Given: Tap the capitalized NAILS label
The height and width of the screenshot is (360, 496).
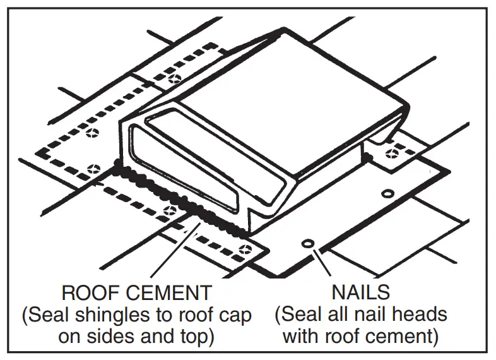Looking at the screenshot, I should click(360, 292).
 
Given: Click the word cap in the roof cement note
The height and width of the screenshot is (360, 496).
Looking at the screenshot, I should click(235, 315).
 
